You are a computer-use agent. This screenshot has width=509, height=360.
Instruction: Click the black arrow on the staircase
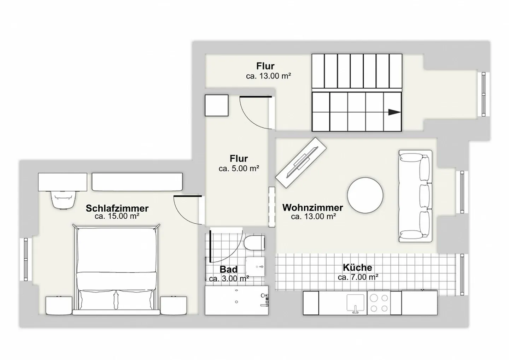[x=394, y=112]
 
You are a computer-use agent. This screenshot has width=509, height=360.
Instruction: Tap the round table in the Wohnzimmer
[x=365, y=195]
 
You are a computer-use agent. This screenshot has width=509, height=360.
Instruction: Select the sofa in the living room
[x=415, y=196]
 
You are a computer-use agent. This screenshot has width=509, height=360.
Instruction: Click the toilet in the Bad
[x=254, y=243]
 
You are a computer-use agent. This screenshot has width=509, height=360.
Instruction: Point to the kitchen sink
[x=355, y=303]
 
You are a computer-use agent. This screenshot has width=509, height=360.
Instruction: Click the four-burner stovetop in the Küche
[x=379, y=303]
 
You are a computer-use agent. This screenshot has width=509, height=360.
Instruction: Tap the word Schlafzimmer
[x=117, y=208]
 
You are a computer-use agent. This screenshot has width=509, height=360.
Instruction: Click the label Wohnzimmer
[x=313, y=207]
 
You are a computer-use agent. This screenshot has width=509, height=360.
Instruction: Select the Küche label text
[x=357, y=267]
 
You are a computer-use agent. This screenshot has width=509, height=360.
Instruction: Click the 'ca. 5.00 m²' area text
[x=239, y=169]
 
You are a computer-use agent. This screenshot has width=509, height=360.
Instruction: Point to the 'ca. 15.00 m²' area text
[x=117, y=216]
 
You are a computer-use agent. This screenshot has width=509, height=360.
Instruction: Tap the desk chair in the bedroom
[x=63, y=200]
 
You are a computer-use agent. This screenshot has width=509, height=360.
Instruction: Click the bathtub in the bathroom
[x=236, y=300]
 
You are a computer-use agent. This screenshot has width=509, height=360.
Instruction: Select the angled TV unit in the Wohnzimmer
[x=301, y=163]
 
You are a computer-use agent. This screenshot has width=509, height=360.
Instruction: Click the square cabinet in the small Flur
[x=217, y=105]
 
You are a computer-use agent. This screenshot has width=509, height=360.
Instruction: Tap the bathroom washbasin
[x=255, y=266]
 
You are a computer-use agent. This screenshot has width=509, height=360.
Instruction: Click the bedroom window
[x=26, y=259]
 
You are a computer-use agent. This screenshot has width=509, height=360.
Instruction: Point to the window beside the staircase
[x=483, y=94]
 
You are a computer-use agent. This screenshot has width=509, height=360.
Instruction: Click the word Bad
[x=228, y=270]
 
